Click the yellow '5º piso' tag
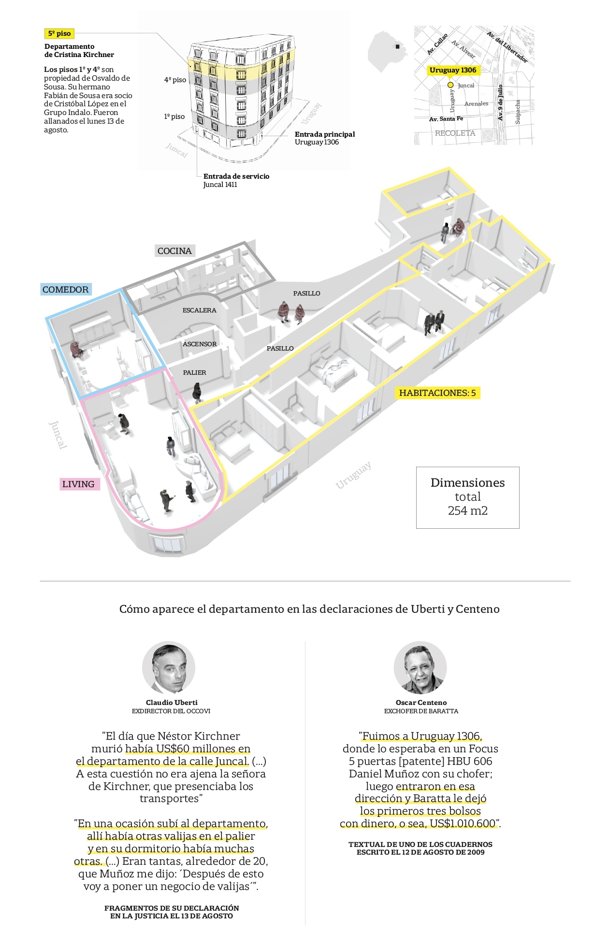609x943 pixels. click(59, 33)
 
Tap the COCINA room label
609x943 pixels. click(174, 251)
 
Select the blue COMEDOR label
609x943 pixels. click(66, 289)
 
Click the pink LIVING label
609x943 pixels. click(78, 484)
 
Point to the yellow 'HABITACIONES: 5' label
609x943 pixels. click(437, 393)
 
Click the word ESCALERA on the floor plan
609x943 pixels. click(199, 310)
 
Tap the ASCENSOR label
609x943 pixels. click(200, 344)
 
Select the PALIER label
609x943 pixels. click(194, 372)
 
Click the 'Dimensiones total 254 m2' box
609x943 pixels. click(467, 497)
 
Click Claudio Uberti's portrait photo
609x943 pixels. click(169, 668)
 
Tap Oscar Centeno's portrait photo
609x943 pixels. click(420, 668)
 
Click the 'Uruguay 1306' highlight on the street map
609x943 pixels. click(453, 70)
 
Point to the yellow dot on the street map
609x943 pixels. click(450, 85)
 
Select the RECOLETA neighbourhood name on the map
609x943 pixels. click(455, 133)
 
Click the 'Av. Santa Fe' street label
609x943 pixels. click(446, 119)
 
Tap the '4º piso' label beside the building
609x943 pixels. click(175, 80)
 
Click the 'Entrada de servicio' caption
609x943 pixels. click(236, 176)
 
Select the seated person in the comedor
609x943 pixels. click(76, 350)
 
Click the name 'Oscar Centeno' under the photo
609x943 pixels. click(421, 703)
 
